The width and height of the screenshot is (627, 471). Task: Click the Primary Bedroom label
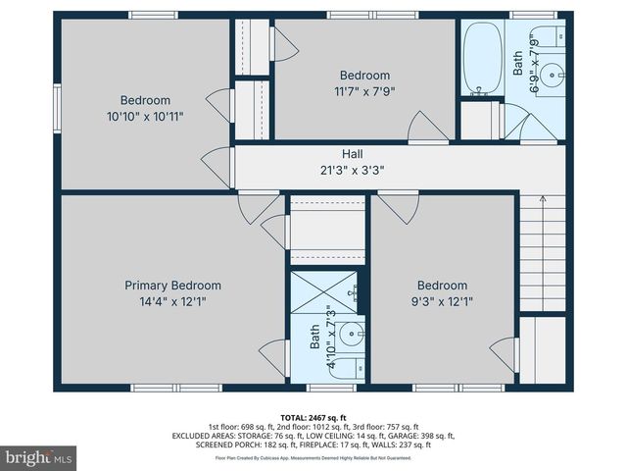click(172, 286)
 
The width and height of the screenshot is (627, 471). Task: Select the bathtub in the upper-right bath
click(480, 59)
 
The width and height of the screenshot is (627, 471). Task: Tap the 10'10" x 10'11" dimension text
click(145, 116)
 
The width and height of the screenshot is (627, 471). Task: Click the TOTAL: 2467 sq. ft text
click(313, 417)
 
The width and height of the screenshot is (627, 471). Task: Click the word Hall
click(352, 154)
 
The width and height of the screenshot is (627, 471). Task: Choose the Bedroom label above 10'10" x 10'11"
click(145, 100)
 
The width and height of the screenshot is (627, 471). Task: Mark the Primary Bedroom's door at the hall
click(253, 206)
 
